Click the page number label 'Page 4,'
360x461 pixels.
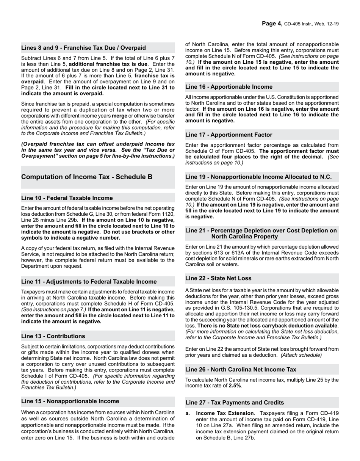click(x=272, y=24)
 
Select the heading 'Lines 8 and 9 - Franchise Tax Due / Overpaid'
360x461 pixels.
click(x=83, y=48)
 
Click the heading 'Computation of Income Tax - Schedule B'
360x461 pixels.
click(x=87, y=177)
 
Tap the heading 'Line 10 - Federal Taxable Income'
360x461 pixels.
click(x=67, y=198)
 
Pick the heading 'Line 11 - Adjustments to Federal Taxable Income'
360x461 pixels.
click(x=89, y=282)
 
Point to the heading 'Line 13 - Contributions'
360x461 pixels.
click(x=53, y=336)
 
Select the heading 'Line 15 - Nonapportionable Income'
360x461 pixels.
click(x=70, y=401)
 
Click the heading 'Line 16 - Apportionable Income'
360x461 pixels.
click(x=229, y=87)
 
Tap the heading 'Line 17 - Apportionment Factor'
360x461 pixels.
click(x=229, y=135)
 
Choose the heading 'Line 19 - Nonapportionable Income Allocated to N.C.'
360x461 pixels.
click(x=258, y=177)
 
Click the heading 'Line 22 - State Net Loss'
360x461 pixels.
click(x=218, y=278)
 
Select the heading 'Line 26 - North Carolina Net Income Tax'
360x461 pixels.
click(x=241, y=369)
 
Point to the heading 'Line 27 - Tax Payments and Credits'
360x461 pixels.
click(x=235, y=403)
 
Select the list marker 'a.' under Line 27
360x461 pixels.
click(x=188, y=413)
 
